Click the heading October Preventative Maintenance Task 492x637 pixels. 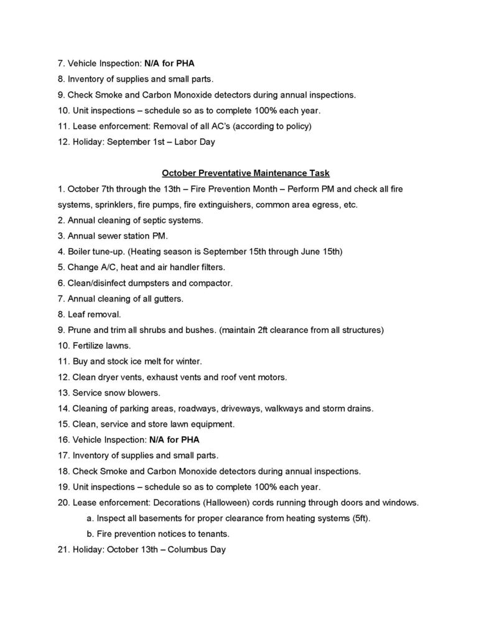[x=245, y=172]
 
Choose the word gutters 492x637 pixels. [x=165, y=299]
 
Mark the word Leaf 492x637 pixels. [x=75, y=314]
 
